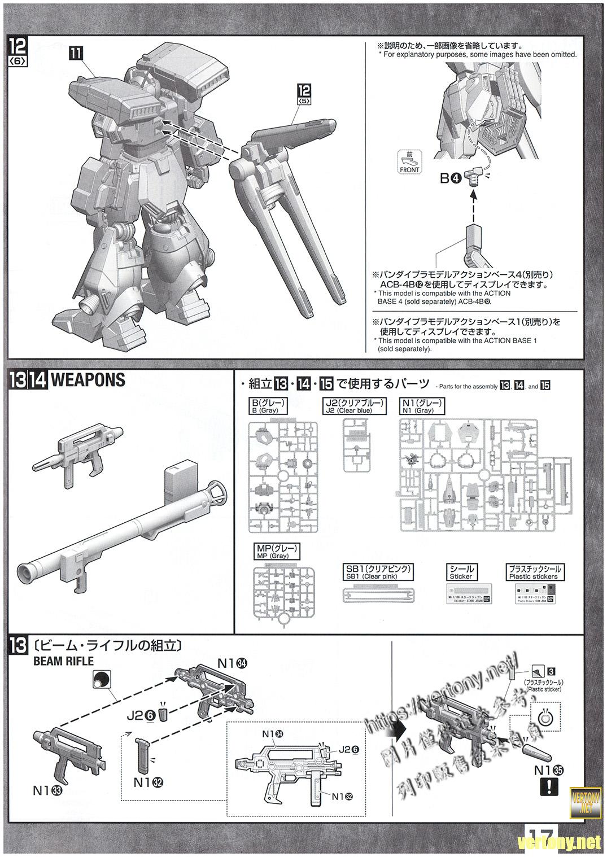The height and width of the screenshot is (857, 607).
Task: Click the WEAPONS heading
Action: (88, 379)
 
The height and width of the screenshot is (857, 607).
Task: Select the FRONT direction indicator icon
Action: (409, 162)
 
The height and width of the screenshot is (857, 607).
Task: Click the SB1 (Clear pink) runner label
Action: (377, 571)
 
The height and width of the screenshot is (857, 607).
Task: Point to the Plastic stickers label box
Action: (533, 572)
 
